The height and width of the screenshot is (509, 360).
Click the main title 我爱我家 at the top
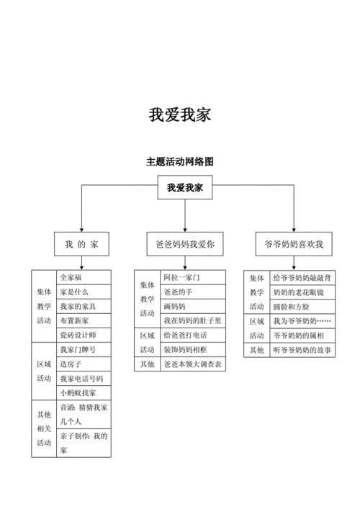point(179,115)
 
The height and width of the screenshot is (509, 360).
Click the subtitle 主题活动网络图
point(179,162)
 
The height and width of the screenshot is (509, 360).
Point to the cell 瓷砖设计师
point(78,335)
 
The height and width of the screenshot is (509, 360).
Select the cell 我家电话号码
point(81,378)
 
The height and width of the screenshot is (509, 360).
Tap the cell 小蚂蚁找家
point(78,392)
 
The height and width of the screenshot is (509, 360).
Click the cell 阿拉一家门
point(181,277)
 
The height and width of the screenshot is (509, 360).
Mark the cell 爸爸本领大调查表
point(192,364)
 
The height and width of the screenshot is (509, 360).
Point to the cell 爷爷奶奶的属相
point(299,335)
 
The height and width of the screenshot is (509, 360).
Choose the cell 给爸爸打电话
point(185,335)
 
